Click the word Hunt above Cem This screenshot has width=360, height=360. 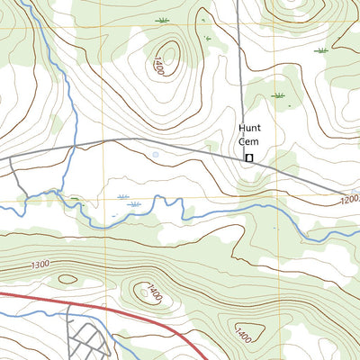(249, 128)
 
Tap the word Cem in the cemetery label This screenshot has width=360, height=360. (249, 140)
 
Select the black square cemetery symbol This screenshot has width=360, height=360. (249, 158)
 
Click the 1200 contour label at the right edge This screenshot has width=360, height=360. (349, 200)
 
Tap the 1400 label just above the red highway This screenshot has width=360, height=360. (155, 292)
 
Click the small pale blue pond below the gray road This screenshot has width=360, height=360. (155, 155)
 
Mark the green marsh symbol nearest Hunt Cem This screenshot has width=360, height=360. (278, 94)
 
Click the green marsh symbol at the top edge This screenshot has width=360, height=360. (162, 19)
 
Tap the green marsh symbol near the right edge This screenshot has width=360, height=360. (321, 50)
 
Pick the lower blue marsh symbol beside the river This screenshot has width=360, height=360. (135, 205)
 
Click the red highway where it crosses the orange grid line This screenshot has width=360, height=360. (105, 303)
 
